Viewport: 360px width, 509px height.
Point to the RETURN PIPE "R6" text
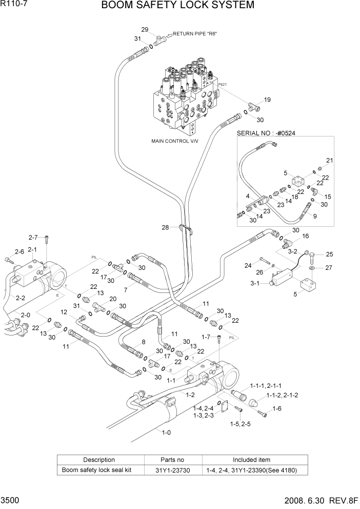[195, 34]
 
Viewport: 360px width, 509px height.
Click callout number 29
[145, 29]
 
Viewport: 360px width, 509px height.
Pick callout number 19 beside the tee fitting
[267, 100]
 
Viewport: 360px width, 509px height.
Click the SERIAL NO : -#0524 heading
[267, 133]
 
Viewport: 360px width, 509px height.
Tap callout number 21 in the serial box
[329, 161]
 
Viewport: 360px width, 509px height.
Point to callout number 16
[306, 237]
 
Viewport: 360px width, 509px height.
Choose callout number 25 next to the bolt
[329, 254]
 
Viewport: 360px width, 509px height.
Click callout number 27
[329, 267]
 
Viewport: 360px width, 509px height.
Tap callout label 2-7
[33, 237]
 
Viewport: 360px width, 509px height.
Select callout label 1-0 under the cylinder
[166, 433]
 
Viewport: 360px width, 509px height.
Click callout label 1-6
[277, 408]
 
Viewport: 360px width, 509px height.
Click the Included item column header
[251, 460]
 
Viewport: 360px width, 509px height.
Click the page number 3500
[11, 499]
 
